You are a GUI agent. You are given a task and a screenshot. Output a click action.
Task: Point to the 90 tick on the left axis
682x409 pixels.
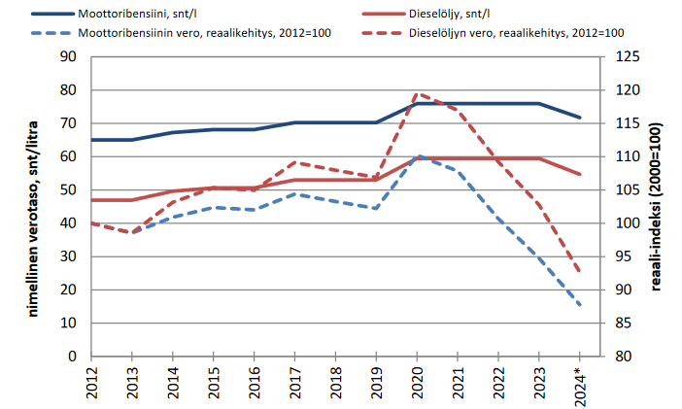point(69,56)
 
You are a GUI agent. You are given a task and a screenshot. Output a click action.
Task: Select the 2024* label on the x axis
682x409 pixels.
point(580,385)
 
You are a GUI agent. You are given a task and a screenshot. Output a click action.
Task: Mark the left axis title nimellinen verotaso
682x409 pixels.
point(18,206)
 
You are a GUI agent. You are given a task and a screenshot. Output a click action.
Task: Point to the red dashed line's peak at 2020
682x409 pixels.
point(417,93)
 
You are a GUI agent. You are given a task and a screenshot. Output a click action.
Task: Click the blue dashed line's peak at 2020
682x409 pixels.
point(417,155)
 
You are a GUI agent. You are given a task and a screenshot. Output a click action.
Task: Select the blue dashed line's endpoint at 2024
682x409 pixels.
point(580,306)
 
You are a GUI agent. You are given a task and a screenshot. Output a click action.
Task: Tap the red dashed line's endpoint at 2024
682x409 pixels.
point(580,272)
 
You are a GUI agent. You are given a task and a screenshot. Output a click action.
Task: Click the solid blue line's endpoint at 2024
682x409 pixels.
point(580,118)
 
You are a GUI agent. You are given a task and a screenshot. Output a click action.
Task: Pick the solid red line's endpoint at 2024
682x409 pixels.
point(580,175)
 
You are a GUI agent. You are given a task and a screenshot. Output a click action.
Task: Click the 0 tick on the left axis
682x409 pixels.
point(73,357)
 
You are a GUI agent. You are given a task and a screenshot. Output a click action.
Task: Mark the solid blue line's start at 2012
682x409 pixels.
point(91,140)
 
